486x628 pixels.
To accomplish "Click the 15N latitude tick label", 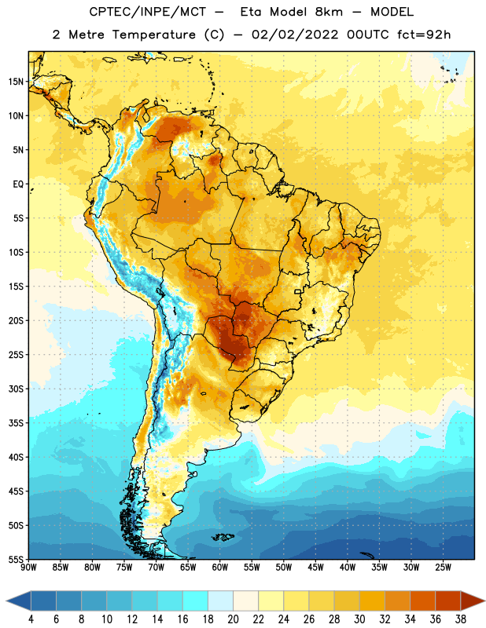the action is click(16, 82).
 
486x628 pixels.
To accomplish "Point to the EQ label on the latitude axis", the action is click(18, 184).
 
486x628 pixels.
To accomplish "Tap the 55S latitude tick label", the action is click(16, 559).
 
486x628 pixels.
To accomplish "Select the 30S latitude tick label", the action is click(16, 389).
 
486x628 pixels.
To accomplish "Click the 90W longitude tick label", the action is click(29, 567).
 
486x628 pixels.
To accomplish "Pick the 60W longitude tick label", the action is click(220, 567).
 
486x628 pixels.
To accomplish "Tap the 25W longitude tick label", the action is click(443, 567).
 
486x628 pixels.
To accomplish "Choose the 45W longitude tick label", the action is click(315, 567).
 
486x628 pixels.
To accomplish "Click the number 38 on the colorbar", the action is click(461, 619).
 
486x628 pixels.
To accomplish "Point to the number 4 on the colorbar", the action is click(31, 619).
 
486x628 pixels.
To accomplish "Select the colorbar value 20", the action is click(233, 619).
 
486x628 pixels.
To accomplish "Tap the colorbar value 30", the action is click(359, 619).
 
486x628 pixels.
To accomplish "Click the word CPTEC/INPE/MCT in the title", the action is click(148, 12).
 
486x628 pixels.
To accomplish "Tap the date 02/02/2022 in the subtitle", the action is click(295, 35).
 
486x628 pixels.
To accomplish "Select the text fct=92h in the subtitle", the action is click(424, 35).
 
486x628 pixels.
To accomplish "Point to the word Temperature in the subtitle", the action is click(154, 35).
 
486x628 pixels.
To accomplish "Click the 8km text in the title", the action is click(329, 12).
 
